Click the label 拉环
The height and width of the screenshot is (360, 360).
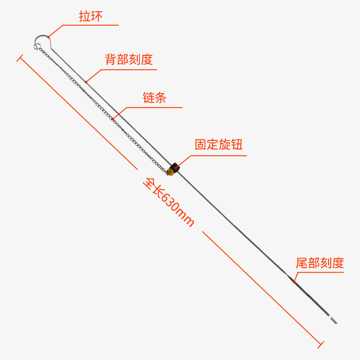91,17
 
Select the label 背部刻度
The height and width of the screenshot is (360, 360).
129,59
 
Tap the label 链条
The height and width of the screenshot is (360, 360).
154,98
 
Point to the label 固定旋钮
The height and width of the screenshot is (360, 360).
218,144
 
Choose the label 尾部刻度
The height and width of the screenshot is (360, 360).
319,263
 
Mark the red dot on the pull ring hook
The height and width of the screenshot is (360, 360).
48,36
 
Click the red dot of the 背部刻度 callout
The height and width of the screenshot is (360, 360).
86,81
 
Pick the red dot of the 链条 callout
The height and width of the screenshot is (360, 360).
112,119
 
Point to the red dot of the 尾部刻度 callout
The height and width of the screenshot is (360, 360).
294,282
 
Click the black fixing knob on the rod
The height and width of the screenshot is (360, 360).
175,166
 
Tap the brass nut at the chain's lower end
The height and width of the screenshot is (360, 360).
170,171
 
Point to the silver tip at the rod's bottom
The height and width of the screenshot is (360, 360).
333,321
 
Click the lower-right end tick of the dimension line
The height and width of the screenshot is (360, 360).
320,345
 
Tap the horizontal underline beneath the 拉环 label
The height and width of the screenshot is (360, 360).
90,25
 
